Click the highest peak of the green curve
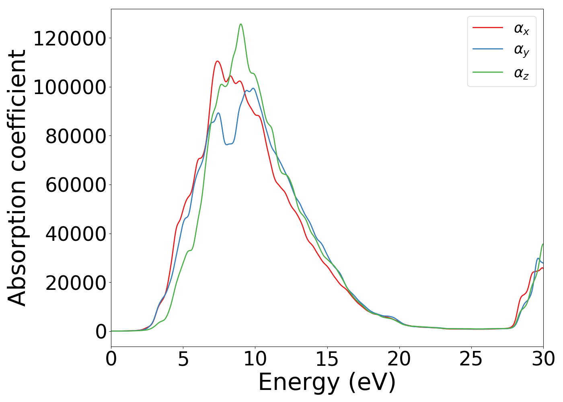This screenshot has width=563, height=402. click(241, 24)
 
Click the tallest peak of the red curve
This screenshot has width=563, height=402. click(217, 61)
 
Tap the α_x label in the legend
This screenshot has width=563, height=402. click(521, 29)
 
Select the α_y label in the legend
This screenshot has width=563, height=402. click(521, 51)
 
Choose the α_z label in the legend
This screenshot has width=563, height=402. click(521, 73)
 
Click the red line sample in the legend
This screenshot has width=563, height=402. click(487, 27)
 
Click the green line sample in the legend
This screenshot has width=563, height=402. click(487, 72)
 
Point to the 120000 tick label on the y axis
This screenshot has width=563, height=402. click(70, 39)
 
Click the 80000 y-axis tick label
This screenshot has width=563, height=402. click(76, 136)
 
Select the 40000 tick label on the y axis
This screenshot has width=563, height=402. click(76, 234)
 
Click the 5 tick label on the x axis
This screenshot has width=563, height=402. click(183, 359)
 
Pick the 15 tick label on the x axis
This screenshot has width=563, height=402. click(327, 359)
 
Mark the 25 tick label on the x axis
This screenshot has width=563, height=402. click(471, 359)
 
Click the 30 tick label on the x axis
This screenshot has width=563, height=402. click(543, 359)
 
